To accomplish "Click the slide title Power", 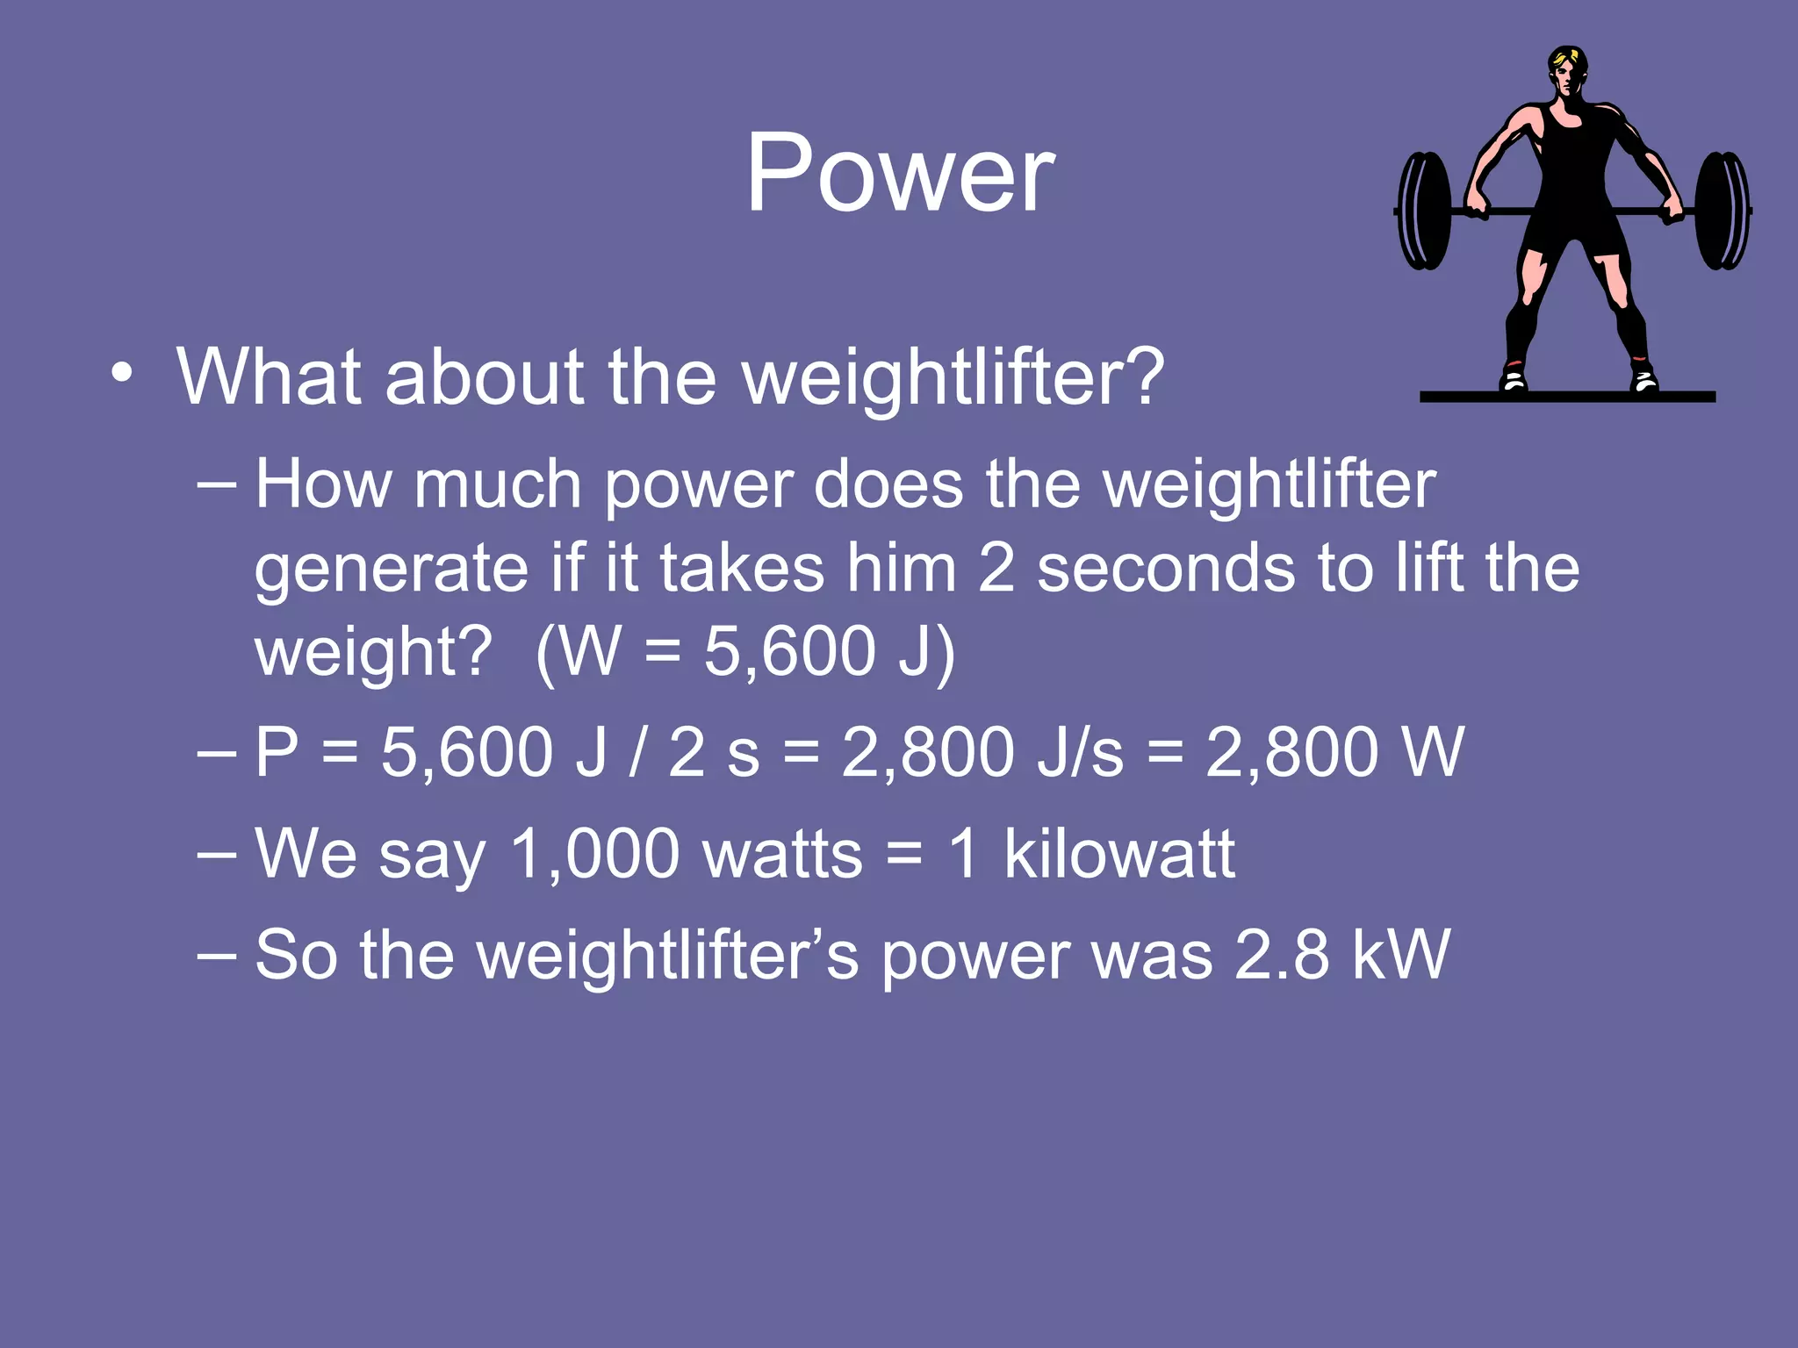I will click(900, 173).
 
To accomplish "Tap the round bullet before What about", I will click(122, 375).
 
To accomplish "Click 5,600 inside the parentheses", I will click(789, 652).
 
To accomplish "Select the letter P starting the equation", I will click(277, 752).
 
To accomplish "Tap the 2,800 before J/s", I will click(927, 752).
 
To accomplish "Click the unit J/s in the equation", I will click(1079, 752).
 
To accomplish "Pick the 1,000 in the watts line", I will click(594, 853).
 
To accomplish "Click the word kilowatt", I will click(1118, 853).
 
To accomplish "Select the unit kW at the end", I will click(1401, 954).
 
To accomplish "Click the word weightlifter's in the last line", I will click(667, 954).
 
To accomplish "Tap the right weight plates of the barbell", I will click(1722, 211).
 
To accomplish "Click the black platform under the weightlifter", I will click(1567, 397).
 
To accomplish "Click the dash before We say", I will click(217, 853).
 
